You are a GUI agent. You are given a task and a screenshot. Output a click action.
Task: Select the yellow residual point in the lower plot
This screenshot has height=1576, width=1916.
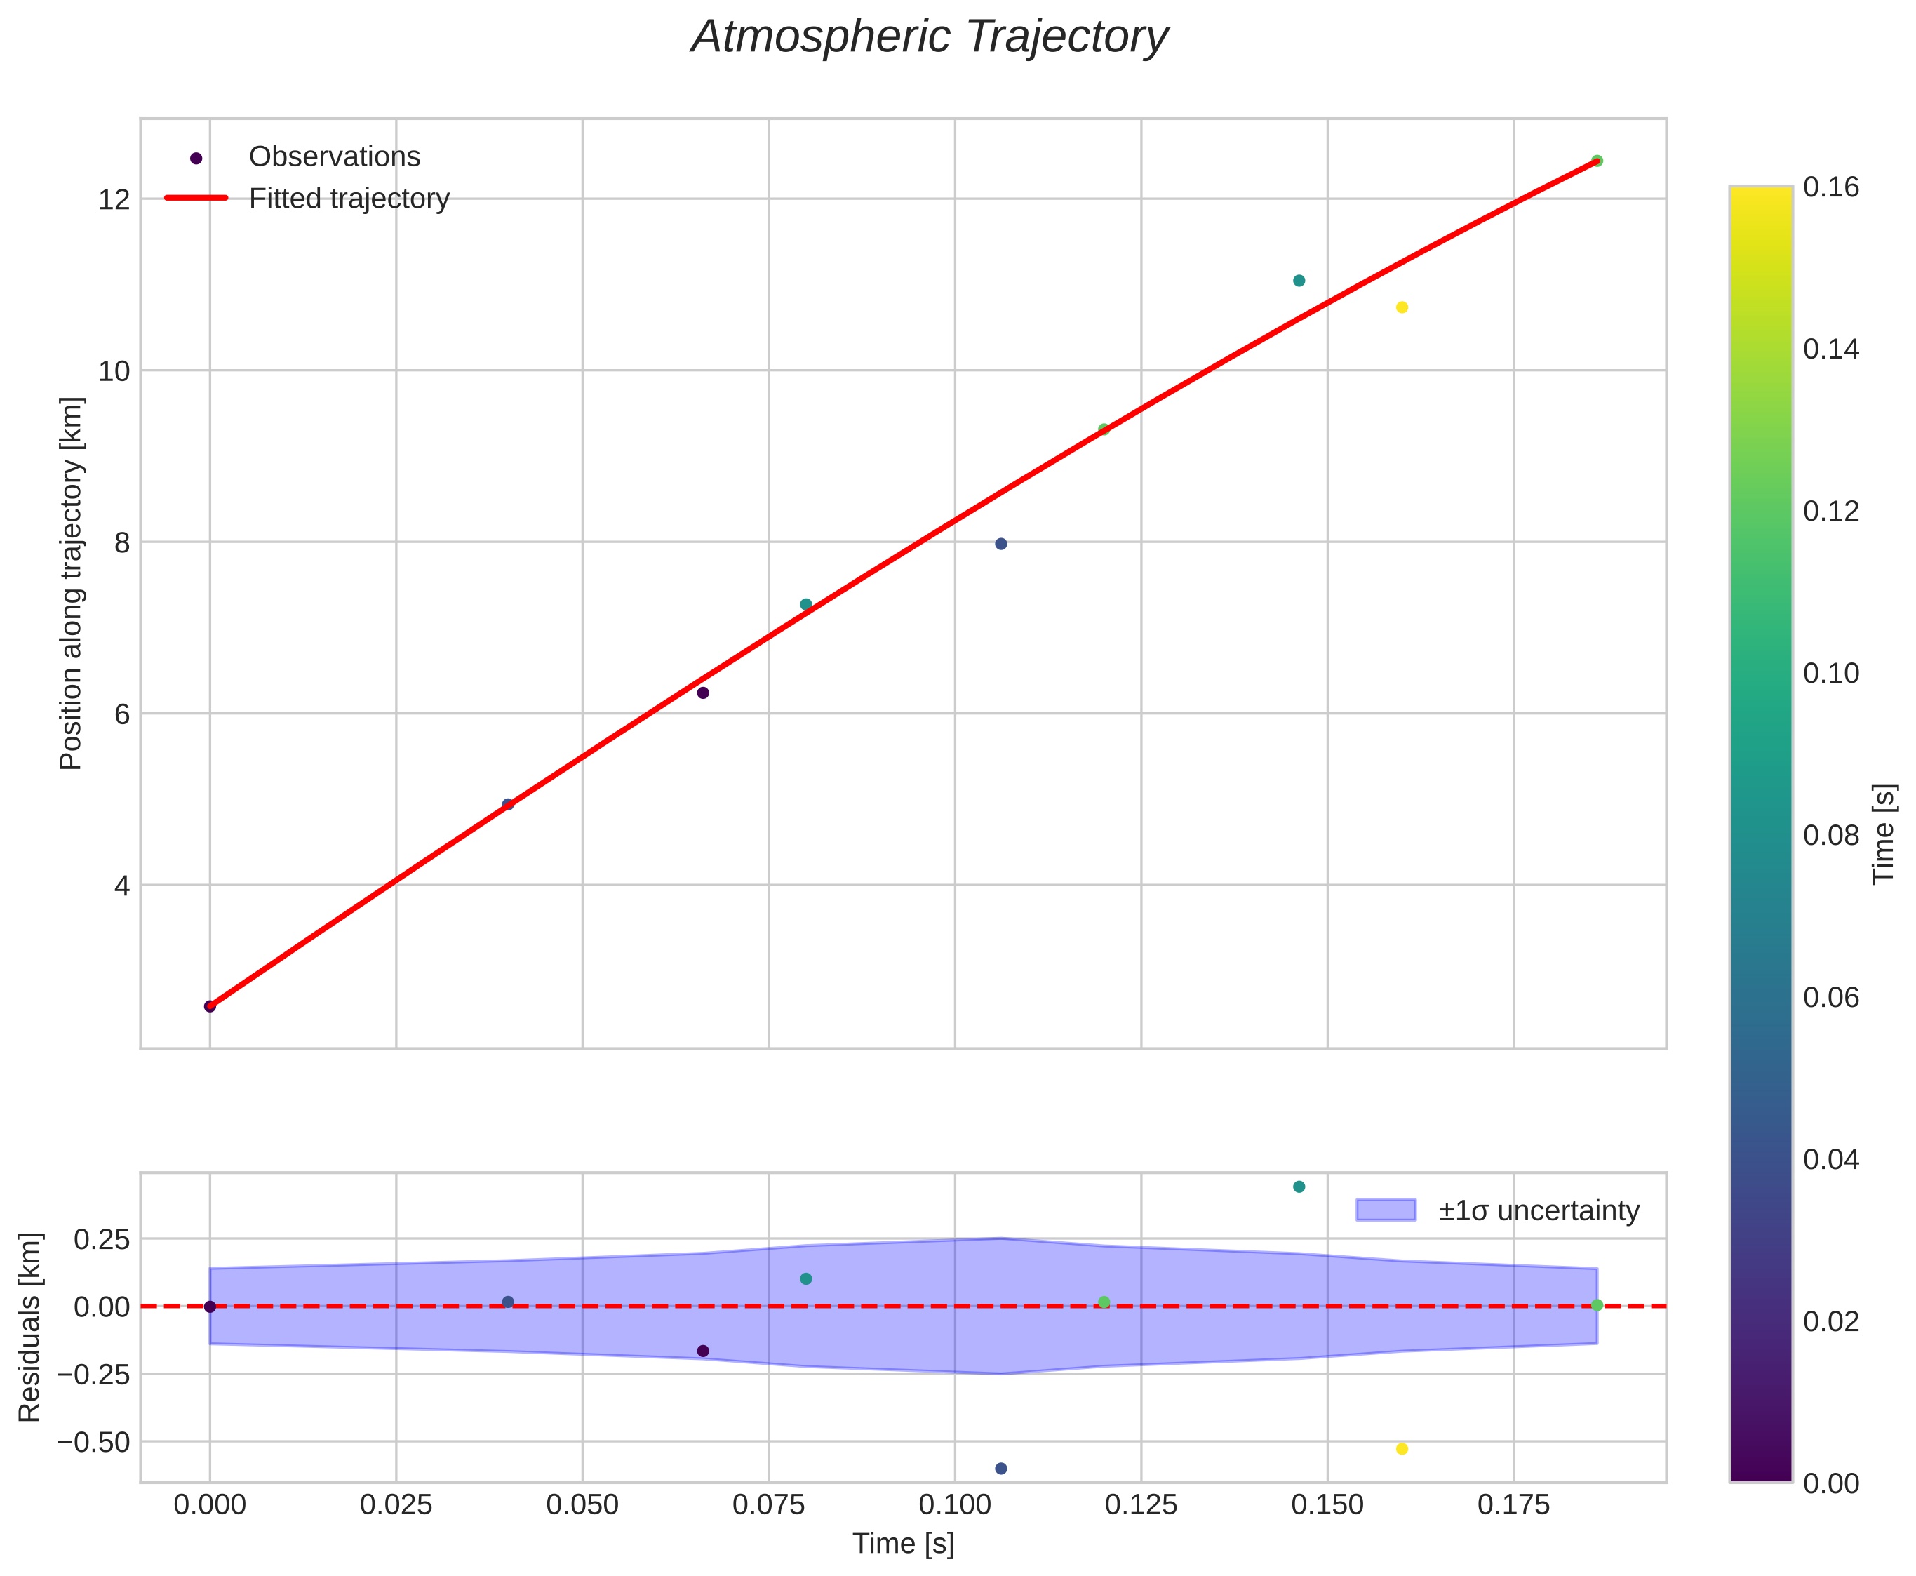click(x=1401, y=1449)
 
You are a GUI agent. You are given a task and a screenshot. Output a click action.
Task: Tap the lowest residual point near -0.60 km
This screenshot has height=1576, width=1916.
click(x=1001, y=1469)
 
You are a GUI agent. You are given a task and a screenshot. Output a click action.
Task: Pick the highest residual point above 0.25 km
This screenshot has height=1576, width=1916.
click(x=1299, y=1187)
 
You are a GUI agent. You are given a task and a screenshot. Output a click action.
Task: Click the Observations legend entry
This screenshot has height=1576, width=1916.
click(x=334, y=157)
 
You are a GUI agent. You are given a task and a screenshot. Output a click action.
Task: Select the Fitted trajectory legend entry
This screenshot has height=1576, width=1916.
click(x=349, y=199)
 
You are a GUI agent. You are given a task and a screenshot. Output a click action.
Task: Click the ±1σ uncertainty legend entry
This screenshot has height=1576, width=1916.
click(x=1539, y=1211)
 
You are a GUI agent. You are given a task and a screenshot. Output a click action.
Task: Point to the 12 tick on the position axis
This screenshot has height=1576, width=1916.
click(x=112, y=199)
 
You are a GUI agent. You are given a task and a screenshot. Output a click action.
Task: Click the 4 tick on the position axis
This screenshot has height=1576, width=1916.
click(x=119, y=885)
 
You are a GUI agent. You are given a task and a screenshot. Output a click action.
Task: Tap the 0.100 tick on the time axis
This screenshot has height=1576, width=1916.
click(x=955, y=1506)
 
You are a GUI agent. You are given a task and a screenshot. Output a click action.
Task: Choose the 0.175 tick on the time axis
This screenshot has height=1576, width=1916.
click(x=1513, y=1506)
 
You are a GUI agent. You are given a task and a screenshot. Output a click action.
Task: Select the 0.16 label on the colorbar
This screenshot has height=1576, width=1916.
click(x=1830, y=187)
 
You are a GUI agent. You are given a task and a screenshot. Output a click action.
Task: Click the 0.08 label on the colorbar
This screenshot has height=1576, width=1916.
click(x=1830, y=835)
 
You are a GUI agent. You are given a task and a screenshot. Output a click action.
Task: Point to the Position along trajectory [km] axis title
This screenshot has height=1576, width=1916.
click(x=72, y=583)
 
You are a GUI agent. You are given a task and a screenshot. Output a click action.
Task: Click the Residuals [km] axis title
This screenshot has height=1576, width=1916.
click(x=30, y=1328)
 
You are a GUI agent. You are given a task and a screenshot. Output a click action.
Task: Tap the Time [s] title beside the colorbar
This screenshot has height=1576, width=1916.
click(x=1885, y=834)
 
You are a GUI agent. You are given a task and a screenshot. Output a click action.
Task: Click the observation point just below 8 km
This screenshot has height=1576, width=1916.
click(x=1001, y=544)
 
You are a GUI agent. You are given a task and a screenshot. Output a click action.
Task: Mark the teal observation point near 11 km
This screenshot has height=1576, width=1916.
click(x=1299, y=281)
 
